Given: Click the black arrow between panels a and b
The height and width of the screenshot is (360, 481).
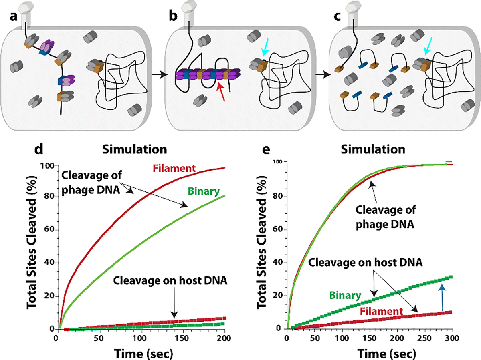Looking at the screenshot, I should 160,74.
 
